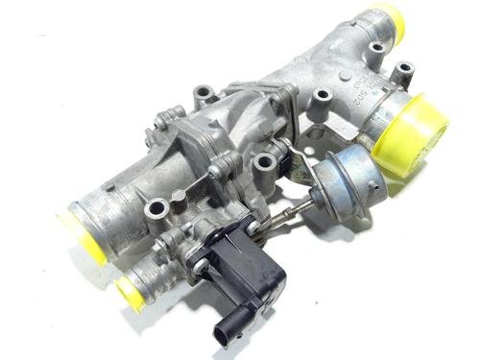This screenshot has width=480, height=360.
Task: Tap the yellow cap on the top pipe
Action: point(386,22)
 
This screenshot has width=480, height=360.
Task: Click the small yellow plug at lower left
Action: point(129,293)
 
